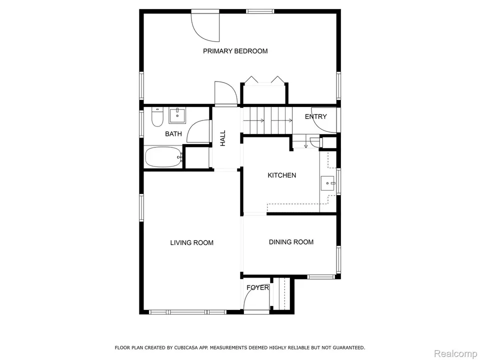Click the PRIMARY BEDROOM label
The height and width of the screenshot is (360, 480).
tap(235, 51)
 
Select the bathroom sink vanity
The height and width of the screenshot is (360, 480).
tap(176, 116)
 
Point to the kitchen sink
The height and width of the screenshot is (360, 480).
tap(328, 183)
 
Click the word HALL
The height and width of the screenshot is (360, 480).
tap(223, 138)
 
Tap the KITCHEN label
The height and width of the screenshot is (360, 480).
tap(281, 175)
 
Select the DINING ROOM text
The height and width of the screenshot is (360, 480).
tap(291, 242)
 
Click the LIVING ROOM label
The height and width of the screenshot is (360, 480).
tap(191, 243)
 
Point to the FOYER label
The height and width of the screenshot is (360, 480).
tap(257, 288)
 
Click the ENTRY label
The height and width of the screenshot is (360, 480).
tap(316, 116)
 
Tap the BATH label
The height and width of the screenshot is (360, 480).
tap(173, 134)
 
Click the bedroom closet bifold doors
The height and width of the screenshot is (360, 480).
tap(264, 80)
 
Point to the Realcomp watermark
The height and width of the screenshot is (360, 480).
tap(455, 353)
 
